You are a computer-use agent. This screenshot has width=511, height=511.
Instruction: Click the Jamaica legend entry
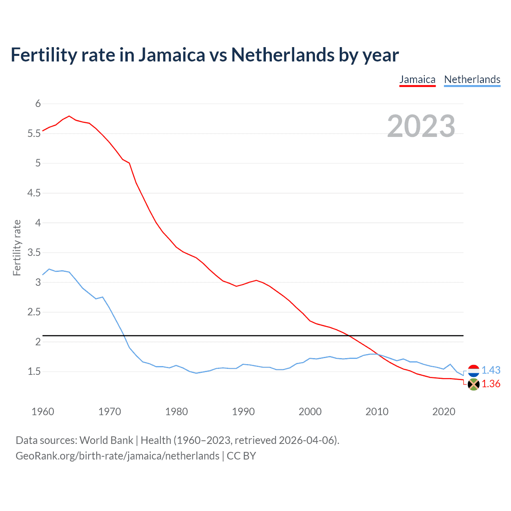[x=417, y=79]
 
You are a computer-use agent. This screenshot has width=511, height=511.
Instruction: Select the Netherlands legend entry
[x=472, y=79]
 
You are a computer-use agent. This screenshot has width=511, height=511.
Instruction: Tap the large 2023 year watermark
[x=421, y=126]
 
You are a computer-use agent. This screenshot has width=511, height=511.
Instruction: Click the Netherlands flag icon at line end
[x=473, y=371]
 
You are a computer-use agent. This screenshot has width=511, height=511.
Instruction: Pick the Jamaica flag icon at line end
[x=473, y=384]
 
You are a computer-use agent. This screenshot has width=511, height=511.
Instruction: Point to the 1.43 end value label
[x=491, y=370]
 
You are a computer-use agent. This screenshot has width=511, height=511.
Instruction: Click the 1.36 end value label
[x=491, y=384]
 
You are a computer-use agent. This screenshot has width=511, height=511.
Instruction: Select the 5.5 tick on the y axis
[x=34, y=134]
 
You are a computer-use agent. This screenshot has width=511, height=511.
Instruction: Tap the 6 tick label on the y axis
[x=38, y=104]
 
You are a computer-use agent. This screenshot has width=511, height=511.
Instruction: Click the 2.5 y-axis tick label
[x=34, y=312]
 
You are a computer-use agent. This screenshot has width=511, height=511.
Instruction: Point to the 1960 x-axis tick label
[x=43, y=412]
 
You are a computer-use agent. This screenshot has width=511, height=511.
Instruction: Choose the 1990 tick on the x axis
[x=243, y=412]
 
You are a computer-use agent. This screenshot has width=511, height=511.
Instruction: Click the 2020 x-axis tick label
[x=444, y=412]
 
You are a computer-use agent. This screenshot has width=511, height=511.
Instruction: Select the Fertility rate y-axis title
[x=17, y=248]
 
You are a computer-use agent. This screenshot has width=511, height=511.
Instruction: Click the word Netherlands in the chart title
[x=283, y=55]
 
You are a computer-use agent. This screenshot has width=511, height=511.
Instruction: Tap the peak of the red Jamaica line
[x=69, y=116]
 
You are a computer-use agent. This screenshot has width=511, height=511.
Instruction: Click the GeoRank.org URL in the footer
[x=117, y=456]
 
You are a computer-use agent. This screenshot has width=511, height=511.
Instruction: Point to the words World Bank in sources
[x=106, y=440]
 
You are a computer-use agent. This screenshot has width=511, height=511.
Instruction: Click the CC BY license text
[x=241, y=456]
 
